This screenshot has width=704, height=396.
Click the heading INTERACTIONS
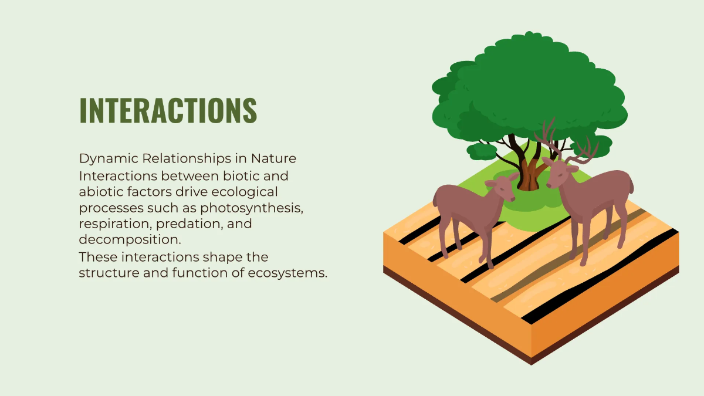click(168, 110)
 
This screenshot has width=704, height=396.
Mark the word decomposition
click(128, 240)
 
